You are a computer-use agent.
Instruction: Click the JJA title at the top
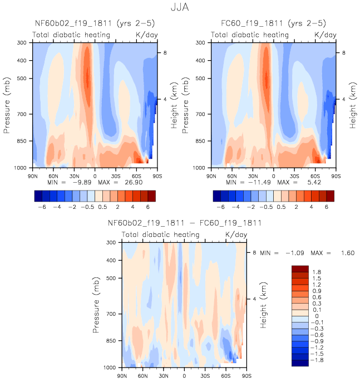click(180, 8)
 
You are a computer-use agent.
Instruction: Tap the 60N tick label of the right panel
click(232, 175)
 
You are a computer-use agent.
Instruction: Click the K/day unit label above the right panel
click(326, 35)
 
